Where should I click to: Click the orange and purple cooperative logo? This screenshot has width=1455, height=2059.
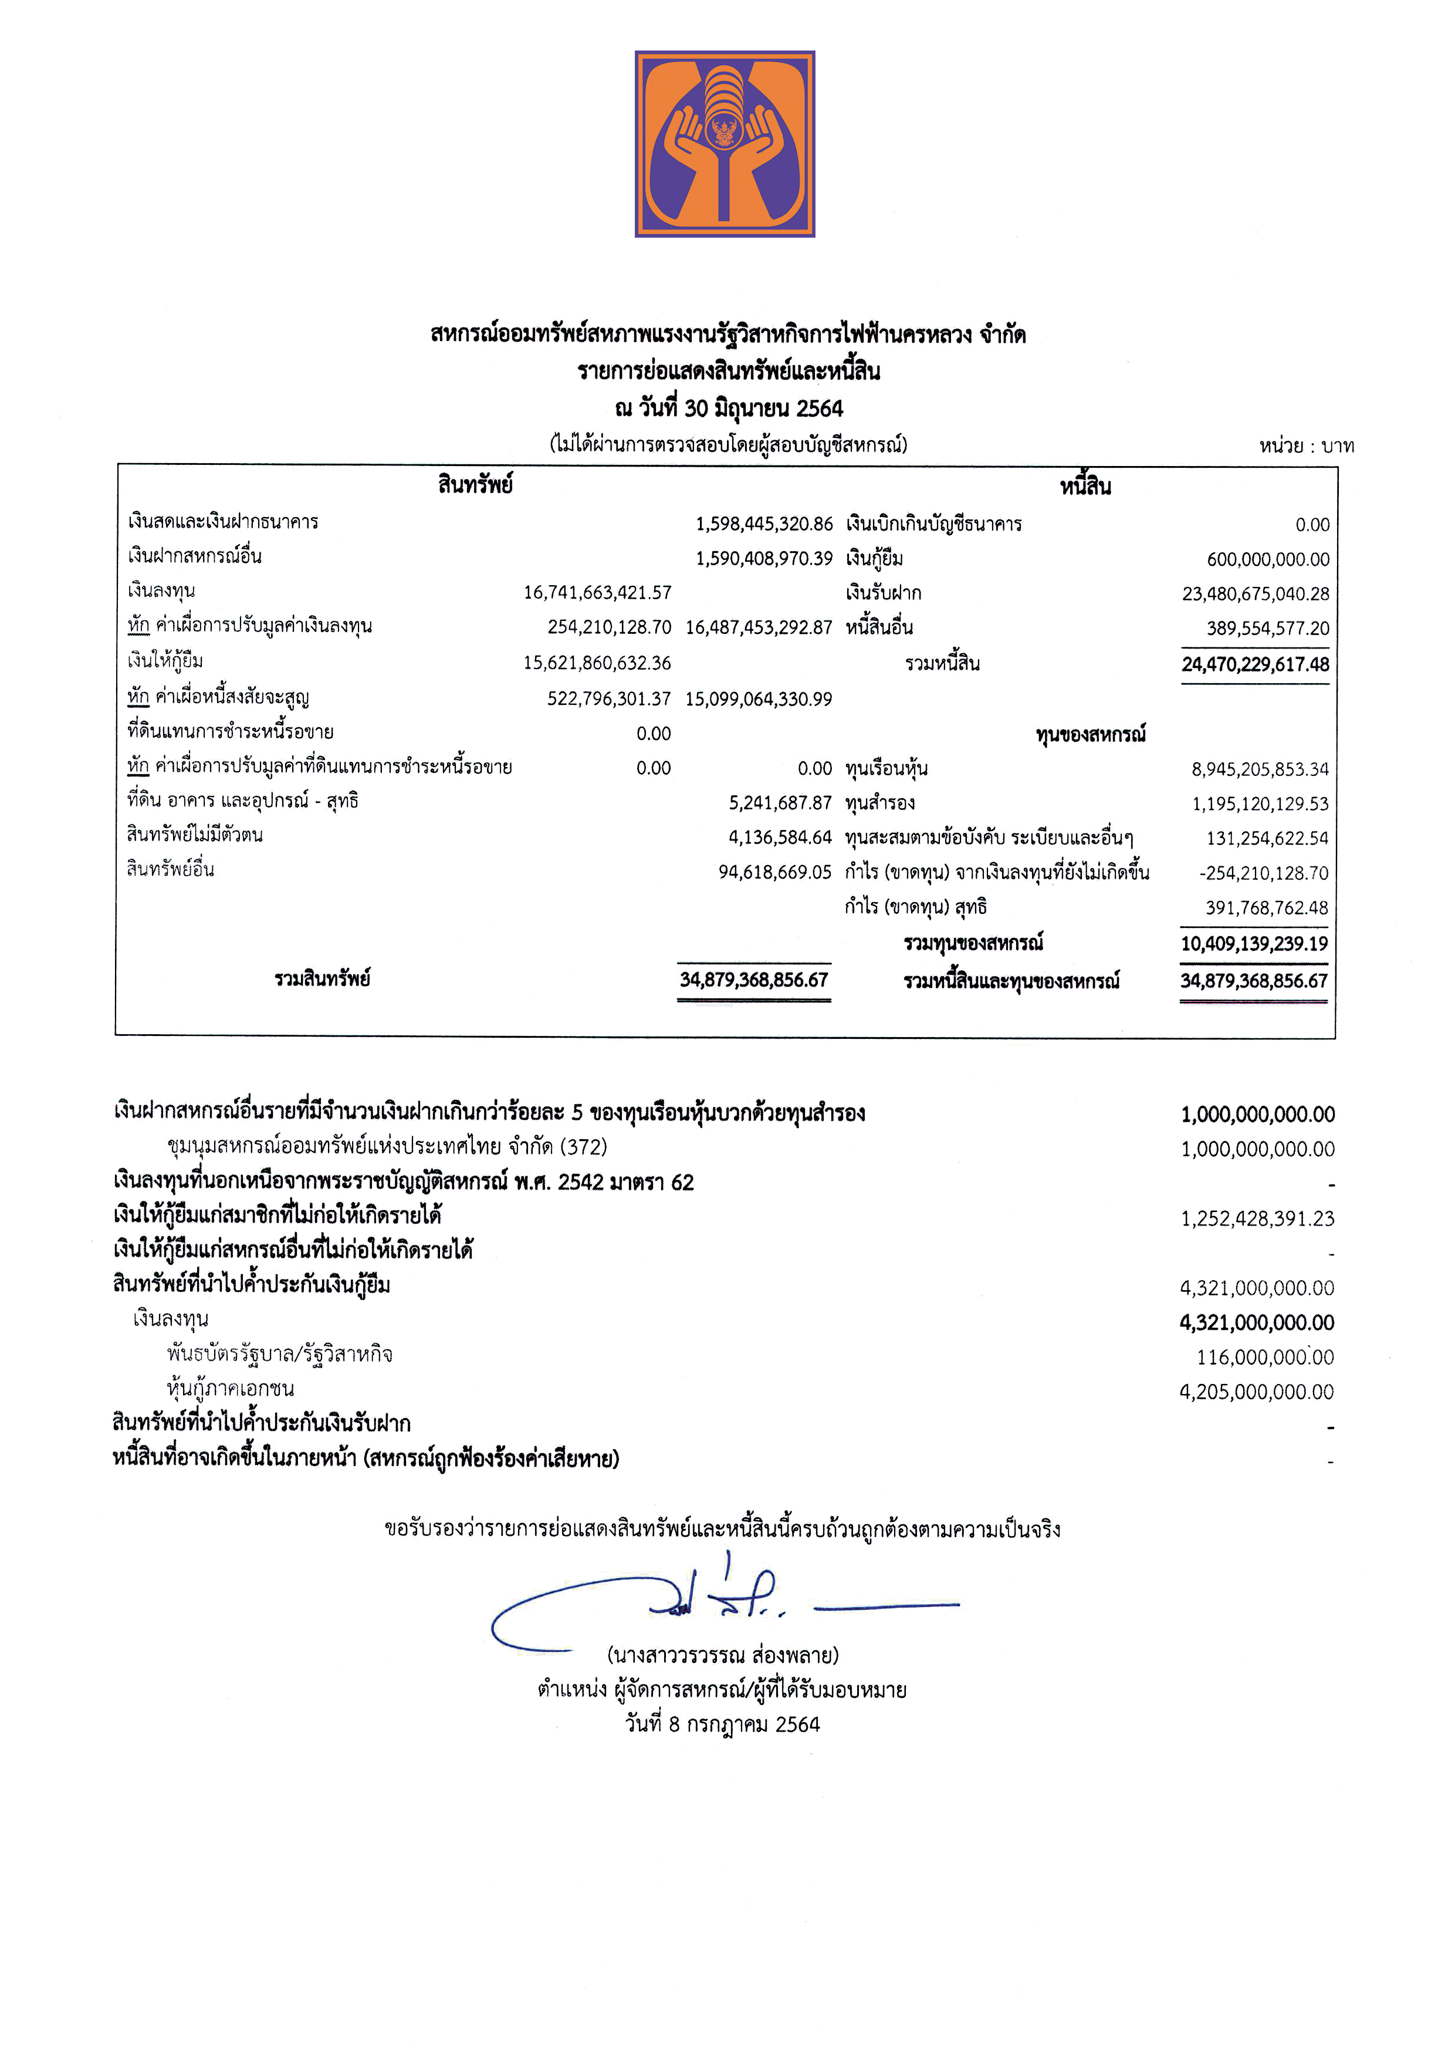coord(725,143)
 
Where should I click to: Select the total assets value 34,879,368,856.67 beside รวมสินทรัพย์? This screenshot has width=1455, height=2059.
coord(754,979)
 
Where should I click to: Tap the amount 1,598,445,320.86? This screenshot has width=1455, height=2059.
coord(764,524)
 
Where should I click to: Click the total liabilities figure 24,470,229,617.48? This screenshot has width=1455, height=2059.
coord(1255,664)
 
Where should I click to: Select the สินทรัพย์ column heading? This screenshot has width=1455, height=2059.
coord(475,485)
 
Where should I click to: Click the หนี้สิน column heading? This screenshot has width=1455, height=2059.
coord(1085,487)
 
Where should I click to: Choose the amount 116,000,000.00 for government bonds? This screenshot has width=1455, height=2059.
coord(1265,1358)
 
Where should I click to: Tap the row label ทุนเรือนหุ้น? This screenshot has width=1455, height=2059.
coord(886,768)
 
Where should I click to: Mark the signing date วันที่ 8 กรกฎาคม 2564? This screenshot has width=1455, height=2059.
coord(723,1724)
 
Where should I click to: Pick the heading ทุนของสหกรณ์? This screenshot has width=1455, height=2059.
coord(1090,734)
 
